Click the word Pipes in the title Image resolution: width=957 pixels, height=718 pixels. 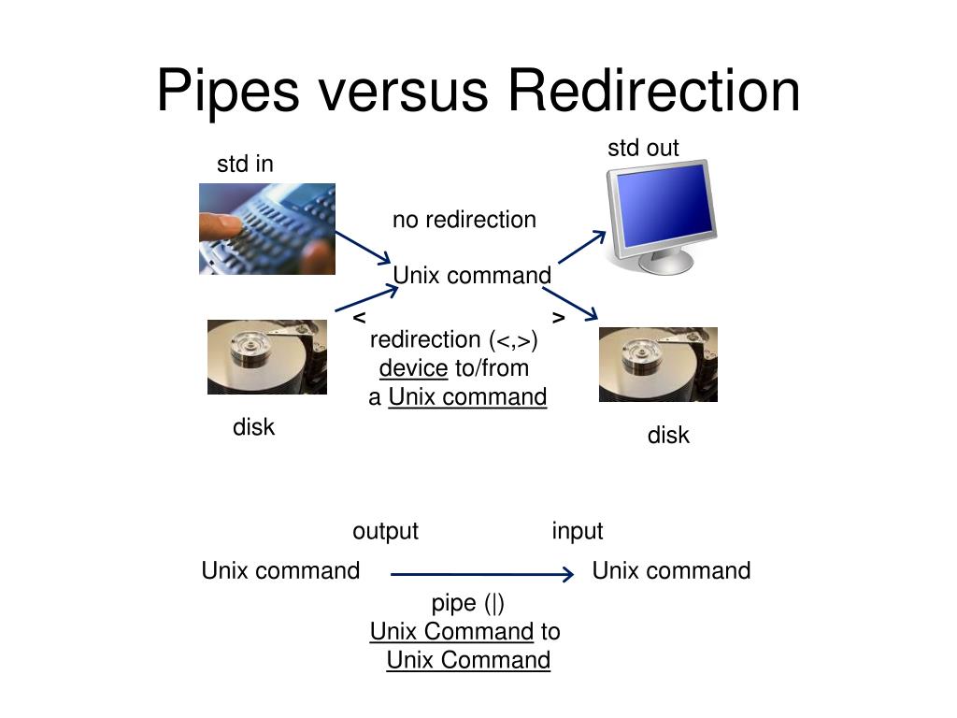tap(226, 92)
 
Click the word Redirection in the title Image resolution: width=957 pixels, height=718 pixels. tap(654, 92)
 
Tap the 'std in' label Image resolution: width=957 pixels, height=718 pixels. tap(245, 165)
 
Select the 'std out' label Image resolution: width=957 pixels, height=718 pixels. tap(643, 148)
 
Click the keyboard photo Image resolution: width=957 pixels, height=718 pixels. tap(267, 229)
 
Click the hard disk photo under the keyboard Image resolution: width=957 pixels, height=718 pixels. tap(267, 356)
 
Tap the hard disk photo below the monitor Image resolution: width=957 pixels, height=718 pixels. tap(658, 364)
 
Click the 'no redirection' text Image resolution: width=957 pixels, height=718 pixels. tap(464, 220)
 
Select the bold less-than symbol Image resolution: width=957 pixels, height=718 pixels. tap(359, 318)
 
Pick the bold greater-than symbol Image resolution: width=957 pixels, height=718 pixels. tap(558, 318)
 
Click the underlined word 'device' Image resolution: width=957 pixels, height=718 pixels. tap(413, 368)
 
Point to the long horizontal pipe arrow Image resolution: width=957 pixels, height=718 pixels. tap(481, 574)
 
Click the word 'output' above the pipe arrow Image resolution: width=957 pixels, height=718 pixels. tap(385, 532)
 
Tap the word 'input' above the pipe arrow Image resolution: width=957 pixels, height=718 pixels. tap(578, 532)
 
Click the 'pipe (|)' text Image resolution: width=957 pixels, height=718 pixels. tap(467, 603)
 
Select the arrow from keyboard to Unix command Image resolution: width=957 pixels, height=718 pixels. tap(363, 248)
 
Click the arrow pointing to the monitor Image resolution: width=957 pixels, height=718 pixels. tap(582, 248)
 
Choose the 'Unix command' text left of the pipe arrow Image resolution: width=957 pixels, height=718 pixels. tap(280, 571)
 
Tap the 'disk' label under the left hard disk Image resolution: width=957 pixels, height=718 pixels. tap(253, 427)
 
